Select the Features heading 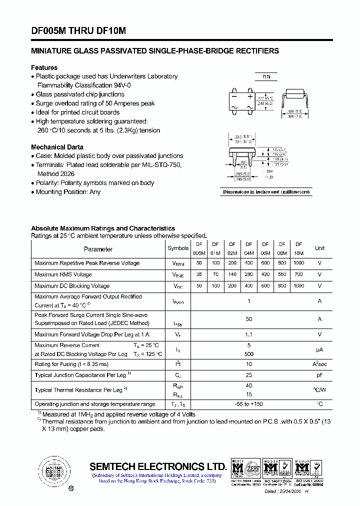click(x=44, y=67)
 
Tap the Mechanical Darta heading click(x=57, y=147)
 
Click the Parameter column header click(x=98, y=249)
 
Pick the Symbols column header click(x=178, y=248)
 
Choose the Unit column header click(x=319, y=248)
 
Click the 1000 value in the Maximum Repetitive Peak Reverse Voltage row click(x=298, y=263)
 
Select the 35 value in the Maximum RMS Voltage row click(x=199, y=274)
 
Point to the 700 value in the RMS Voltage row click(x=298, y=274)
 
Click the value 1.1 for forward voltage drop click(x=249, y=334)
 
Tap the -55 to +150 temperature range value click(x=249, y=404)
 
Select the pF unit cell click(x=319, y=375)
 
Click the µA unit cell click(x=319, y=349)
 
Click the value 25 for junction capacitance click(x=249, y=375)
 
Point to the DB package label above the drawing click(x=266, y=77)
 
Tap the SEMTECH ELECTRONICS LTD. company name click(x=158, y=466)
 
